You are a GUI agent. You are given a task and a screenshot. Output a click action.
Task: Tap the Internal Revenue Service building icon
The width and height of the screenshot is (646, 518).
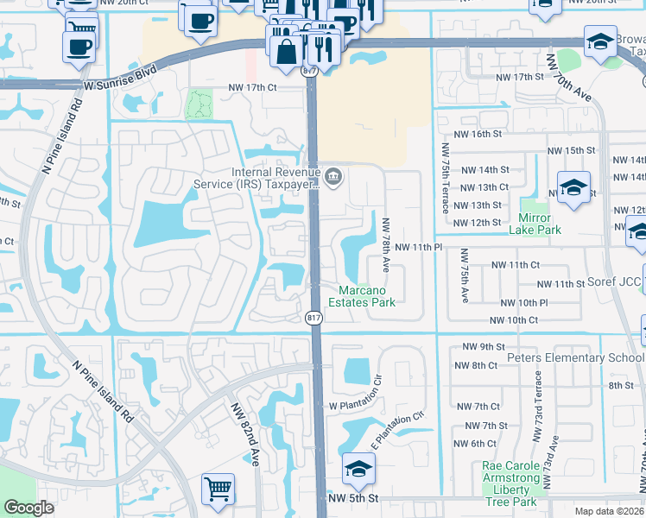point(335,178)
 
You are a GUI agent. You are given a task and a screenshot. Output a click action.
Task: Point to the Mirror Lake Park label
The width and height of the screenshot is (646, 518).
point(540,223)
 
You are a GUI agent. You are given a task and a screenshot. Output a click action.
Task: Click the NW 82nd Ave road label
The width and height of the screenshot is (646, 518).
point(245,435)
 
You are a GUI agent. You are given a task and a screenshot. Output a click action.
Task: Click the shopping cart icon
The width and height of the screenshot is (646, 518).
point(218,489)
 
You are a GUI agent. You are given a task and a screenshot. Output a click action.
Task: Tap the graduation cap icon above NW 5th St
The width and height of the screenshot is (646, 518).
point(358,469)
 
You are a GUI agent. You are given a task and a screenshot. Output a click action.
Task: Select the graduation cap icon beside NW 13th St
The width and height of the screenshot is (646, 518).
point(573,189)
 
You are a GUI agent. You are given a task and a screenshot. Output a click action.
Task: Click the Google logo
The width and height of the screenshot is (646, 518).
point(28,508)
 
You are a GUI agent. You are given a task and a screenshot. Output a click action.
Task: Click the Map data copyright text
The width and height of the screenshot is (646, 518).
point(610,510)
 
